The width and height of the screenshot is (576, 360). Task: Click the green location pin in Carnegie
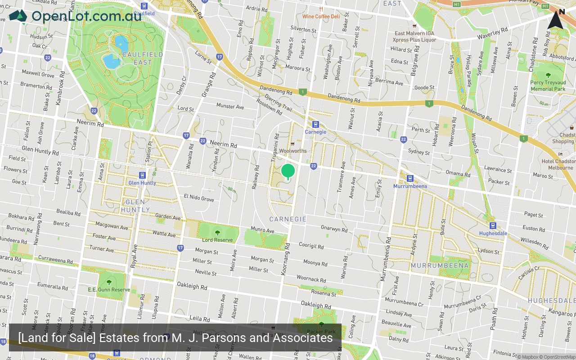click(288, 171)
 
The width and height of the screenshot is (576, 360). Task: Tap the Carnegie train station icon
click(315, 124)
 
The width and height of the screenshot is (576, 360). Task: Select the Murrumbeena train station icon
click(409, 179)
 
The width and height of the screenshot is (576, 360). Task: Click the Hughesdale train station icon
click(493, 226)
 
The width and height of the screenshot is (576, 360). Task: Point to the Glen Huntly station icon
click(142, 175)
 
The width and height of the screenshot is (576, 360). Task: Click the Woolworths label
click(292, 151)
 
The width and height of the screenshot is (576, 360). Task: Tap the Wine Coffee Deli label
click(321, 17)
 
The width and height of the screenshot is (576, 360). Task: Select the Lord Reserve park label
click(217, 240)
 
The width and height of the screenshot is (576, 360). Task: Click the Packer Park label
click(321, 332)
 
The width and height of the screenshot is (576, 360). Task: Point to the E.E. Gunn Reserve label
click(109, 290)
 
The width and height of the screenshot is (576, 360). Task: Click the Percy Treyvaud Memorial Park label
click(548, 86)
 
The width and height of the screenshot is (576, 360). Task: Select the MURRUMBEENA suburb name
click(440, 265)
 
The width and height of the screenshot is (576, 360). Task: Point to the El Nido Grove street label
click(199, 198)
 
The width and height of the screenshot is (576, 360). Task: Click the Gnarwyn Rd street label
click(334, 229)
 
